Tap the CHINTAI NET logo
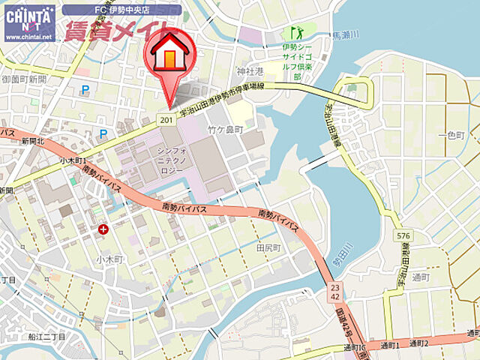tap(29, 22)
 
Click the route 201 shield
tap(166, 120)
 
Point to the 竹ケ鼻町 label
tap(226, 130)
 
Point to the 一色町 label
tap(456, 134)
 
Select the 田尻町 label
tap(268, 247)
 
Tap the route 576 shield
tap(403, 236)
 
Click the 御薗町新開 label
tap(24, 79)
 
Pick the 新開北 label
tap(33, 141)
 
